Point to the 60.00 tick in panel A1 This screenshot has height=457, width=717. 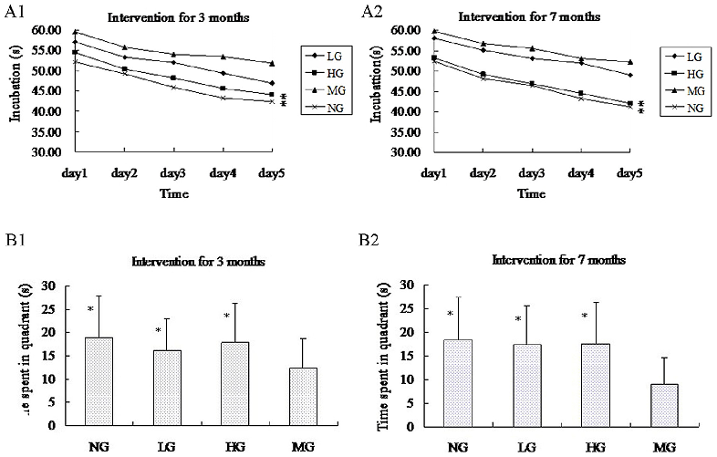[26, 30]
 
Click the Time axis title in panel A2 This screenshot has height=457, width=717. [530, 194]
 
